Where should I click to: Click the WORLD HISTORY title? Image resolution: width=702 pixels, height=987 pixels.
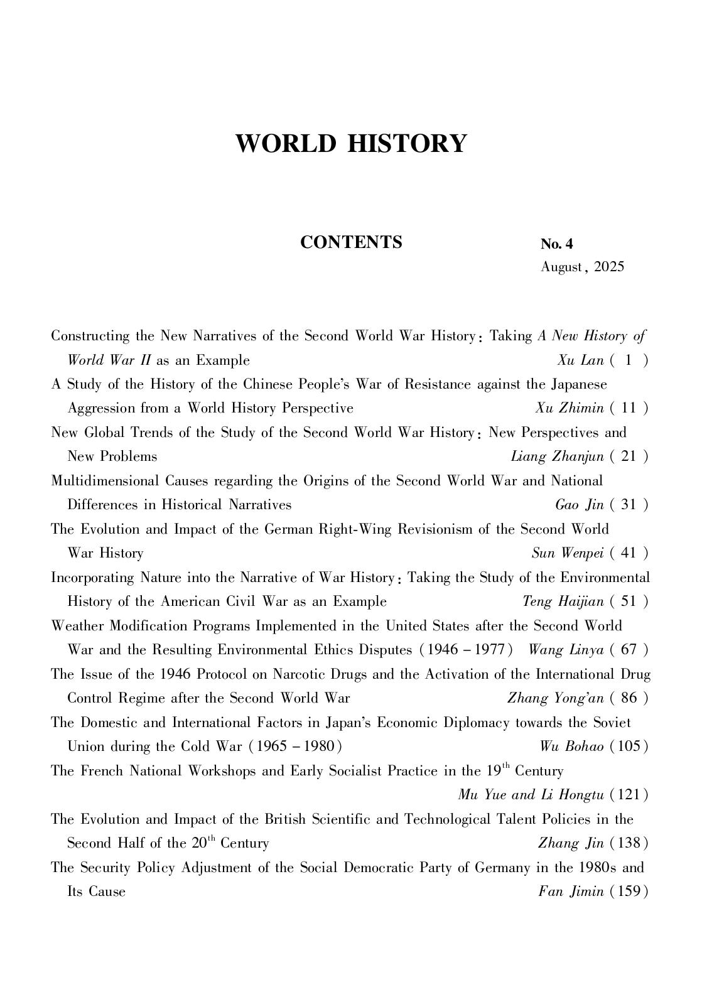click(351, 143)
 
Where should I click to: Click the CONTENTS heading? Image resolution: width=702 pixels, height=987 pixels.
click(351, 242)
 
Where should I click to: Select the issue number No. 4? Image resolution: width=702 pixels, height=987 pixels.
click(556, 244)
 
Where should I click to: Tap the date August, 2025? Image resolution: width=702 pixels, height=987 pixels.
click(583, 267)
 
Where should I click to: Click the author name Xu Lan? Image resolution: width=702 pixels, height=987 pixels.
click(580, 360)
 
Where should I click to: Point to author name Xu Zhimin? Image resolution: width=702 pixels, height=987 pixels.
click(570, 409)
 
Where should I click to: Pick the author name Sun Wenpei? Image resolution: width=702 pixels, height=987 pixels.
click(567, 553)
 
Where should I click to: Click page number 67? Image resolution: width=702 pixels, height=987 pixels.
click(629, 650)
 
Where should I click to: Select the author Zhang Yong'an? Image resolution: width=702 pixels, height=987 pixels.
click(555, 698)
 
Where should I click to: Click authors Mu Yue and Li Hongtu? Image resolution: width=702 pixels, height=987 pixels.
click(531, 795)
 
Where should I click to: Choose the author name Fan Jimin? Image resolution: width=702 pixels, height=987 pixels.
click(571, 892)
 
